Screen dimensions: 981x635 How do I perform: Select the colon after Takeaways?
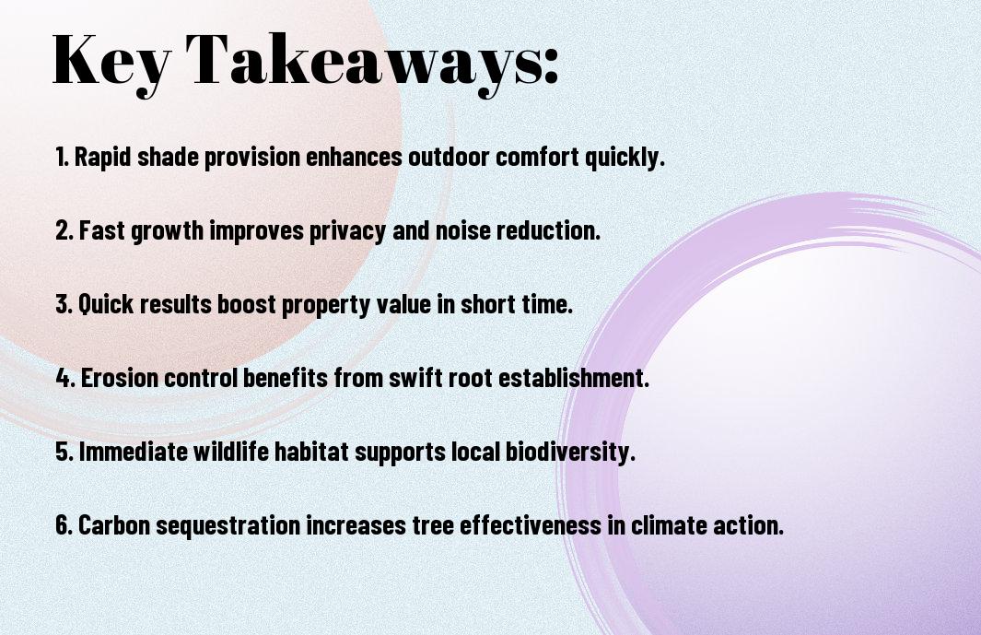pyautogui.click(x=551, y=66)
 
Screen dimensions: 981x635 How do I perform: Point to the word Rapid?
pyautogui.click(x=102, y=157)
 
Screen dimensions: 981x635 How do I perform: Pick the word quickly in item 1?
pyautogui.click(x=625, y=158)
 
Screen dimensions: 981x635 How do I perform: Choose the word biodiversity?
pyautogui.click(x=570, y=453)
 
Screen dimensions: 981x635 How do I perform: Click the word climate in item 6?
pyautogui.click(x=669, y=524)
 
